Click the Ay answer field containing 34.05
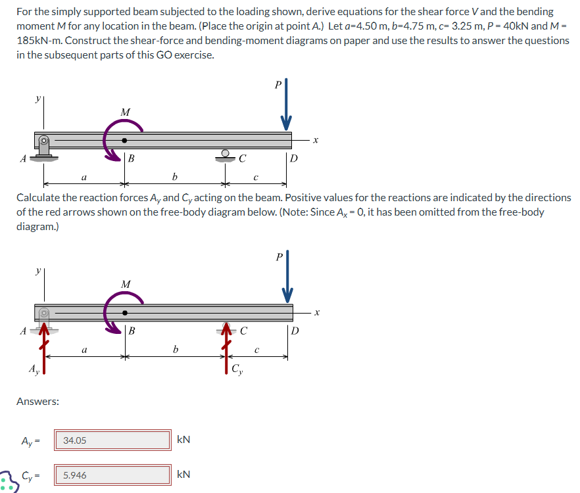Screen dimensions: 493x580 (x=115, y=440)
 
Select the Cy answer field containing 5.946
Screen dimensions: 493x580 (x=115, y=475)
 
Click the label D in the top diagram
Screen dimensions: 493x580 (x=294, y=158)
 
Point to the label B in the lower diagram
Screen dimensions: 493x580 (x=132, y=331)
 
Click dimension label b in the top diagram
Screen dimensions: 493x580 (x=174, y=177)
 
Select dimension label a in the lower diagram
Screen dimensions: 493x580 (x=84, y=351)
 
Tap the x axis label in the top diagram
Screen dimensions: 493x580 (x=316, y=139)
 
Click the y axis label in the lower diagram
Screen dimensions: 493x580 (x=38, y=271)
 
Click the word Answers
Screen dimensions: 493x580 (x=37, y=401)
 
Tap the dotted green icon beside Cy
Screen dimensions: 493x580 (x=7, y=481)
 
